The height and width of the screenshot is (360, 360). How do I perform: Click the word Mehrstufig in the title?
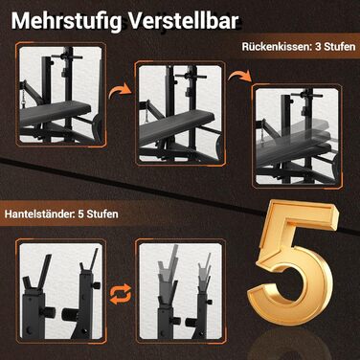pyautogui.click(x=66, y=21)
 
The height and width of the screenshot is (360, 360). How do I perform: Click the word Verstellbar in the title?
pyautogui.click(x=184, y=21)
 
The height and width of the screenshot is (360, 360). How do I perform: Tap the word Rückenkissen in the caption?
pyautogui.click(x=276, y=47)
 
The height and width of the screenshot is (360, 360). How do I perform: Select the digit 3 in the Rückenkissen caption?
pyautogui.click(x=318, y=47)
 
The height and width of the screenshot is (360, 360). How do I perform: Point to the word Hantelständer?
pyautogui.click(x=39, y=214)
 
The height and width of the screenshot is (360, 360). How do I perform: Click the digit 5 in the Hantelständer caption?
pyautogui.click(x=81, y=214)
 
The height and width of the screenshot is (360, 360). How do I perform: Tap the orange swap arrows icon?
pyautogui.click(x=121, y=293)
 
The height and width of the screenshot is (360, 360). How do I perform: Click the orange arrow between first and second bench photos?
pyautogui.click(x=120, y=91)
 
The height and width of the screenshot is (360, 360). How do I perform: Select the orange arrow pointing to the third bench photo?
pyautogui.click(x=239, y=78)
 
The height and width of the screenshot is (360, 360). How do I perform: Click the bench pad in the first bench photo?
pyautogui.click(x=55, y=112)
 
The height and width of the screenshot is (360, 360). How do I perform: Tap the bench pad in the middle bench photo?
pyautogui.click(x=176, y=126)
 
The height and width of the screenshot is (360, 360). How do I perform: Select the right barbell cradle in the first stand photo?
pyautogui.click(x=88, y=260)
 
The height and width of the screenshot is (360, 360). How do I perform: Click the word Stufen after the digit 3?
pyautogui.click(x=340, y=47)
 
